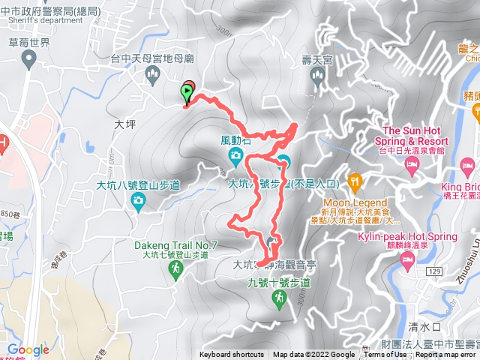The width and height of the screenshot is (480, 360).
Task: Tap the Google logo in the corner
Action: coord(28,349)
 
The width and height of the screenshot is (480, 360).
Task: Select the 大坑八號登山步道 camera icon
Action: coord(138,199)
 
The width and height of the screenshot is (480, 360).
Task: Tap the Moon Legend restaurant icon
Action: coord(355,181)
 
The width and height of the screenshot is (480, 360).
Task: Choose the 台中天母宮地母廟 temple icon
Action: coord(154,73)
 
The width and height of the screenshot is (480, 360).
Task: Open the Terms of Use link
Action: coord(385,355)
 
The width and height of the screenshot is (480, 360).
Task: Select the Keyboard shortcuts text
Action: coord(232,355)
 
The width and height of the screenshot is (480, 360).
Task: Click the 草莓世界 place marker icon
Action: coord(29,61)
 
